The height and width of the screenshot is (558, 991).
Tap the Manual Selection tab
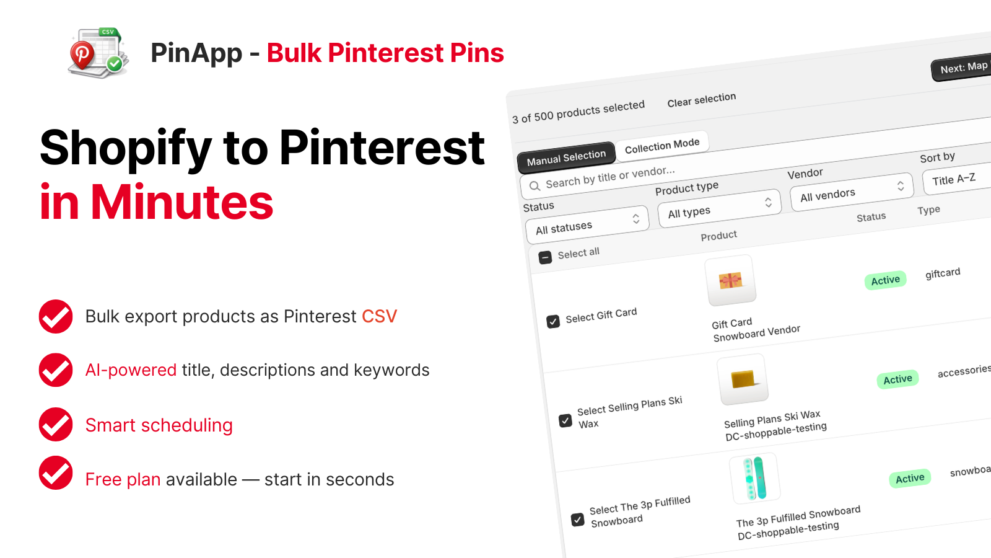(x=566, y=157)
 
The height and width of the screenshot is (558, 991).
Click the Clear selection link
(x=701, y=100)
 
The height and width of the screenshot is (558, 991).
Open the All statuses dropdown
(x=587, y=226)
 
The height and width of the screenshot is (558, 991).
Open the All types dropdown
(x=719, y=209)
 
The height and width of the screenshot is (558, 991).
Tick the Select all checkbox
(x=545, y=257)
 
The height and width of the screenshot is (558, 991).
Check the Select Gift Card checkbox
(x=553, y=321)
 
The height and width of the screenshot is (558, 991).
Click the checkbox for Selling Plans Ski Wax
(x=565, y=420)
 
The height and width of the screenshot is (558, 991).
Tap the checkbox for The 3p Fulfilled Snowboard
(x=577, y=520)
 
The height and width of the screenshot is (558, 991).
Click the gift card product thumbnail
(x=730, y=281)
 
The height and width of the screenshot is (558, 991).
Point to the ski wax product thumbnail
(x=743, y=379)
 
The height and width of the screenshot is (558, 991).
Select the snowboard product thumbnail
(x=755, y=479)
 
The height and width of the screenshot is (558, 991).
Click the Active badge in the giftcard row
(x=885, y=280)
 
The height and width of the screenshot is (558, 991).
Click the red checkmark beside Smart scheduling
(x=56, y=424)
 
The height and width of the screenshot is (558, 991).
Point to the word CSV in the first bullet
(x=380, y=316)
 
